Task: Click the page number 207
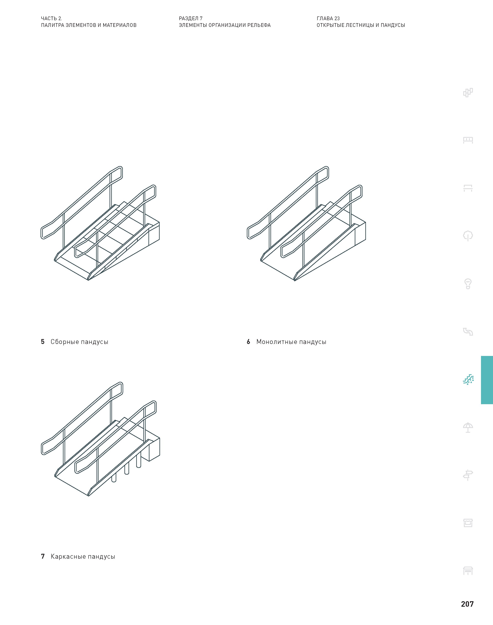click(x=467, y=604)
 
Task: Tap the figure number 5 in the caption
click(x=43, y=342)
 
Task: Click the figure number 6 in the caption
click(x=248, y=342)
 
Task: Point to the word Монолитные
click(x=277, y=342)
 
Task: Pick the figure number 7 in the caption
click(x=43, y=556)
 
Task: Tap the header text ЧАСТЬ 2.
click(x=51, y=19)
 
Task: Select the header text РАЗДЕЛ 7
click(x=191, y=19)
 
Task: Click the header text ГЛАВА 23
click(x=328, y=19)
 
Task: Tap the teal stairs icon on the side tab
click(x=468, y=380)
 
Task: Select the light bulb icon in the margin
click(x=468, y=284)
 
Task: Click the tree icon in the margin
click(x=468, y=236)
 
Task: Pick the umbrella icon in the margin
click(x=468, y=427)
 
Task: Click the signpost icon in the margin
click(x=468, y=475)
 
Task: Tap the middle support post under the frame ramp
click(x=127, y=468)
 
